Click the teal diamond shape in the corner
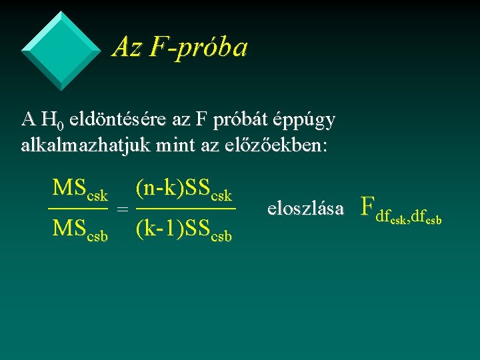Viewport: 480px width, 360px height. pos(61,51)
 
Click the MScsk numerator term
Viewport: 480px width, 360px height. pos(79,189)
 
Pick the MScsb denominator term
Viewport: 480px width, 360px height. pos(79,229)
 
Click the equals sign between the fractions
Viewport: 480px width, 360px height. pos(122,209)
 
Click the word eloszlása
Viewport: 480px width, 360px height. pos(305,209)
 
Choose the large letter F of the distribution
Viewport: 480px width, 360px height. pos(366,207)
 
